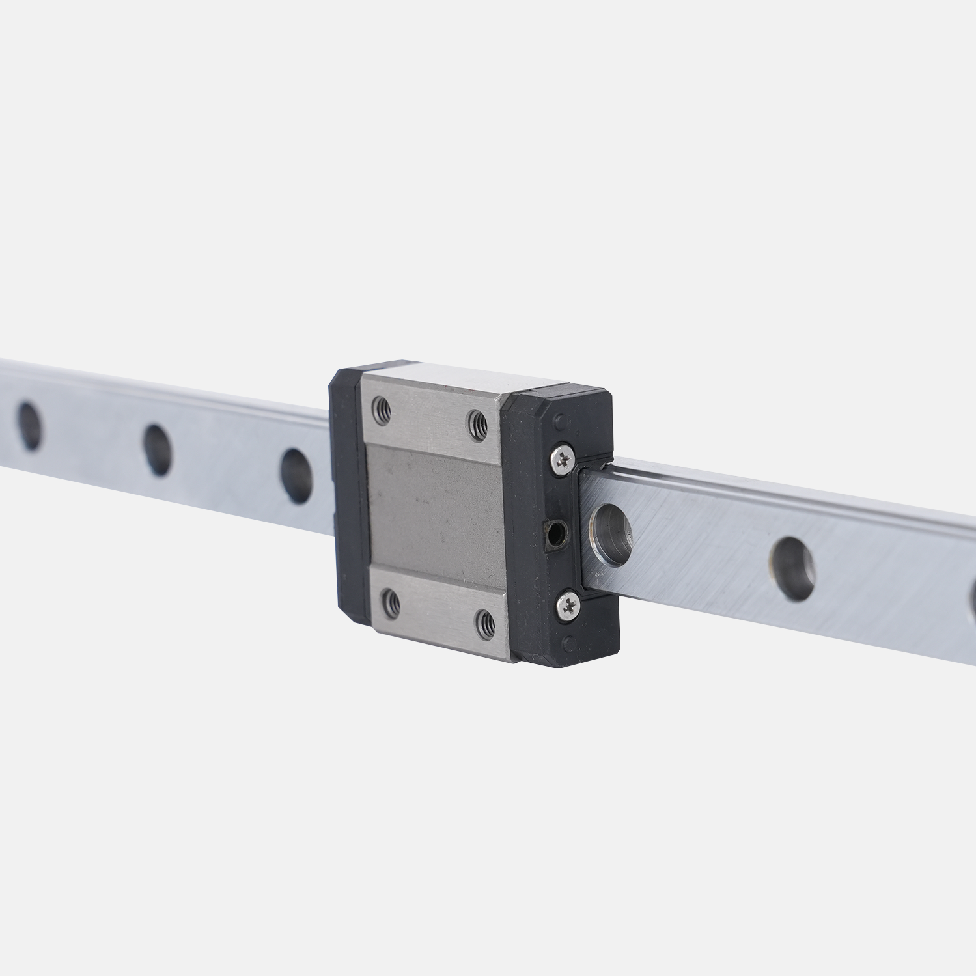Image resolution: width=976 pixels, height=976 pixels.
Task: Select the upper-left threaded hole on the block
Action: tap(382, 409)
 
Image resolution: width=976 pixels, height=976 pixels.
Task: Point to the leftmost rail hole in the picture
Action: tap(29, 426)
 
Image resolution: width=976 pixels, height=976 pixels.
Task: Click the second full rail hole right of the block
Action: tap(792, 567)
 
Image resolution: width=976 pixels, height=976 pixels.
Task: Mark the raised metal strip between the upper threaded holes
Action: tap(430, 410)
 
